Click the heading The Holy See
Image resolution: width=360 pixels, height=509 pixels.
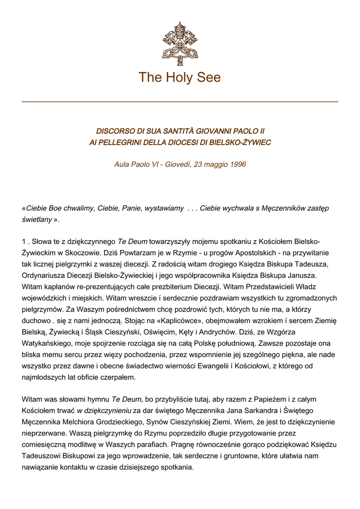[x=180, y=78]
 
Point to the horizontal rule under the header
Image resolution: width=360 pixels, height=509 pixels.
[x=180, y=101]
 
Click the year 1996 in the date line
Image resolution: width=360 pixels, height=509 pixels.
[x=238, y=164]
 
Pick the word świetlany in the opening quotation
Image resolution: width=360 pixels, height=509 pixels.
[x=37, y=219]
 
